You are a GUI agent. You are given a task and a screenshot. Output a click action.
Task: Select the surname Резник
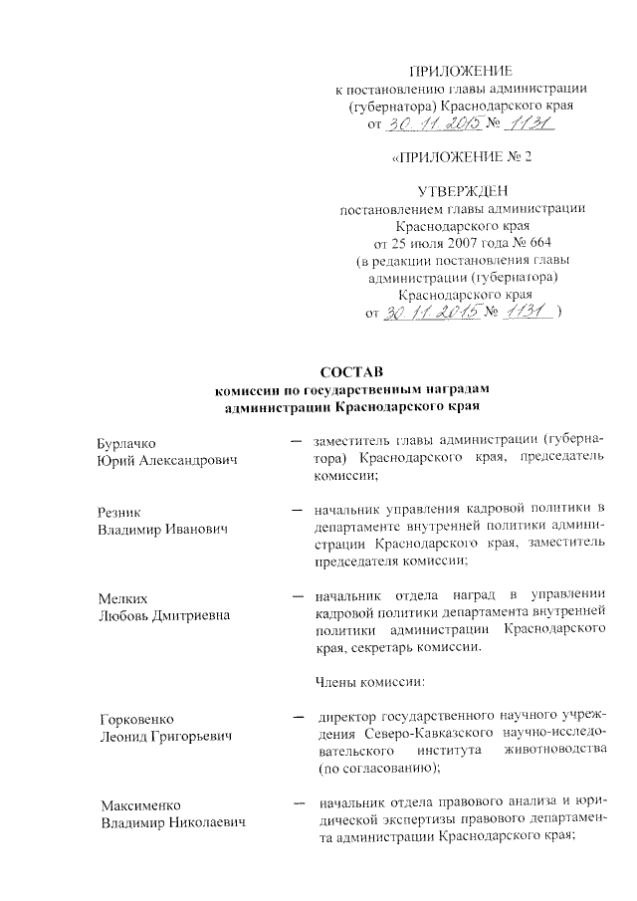(119, 511)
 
